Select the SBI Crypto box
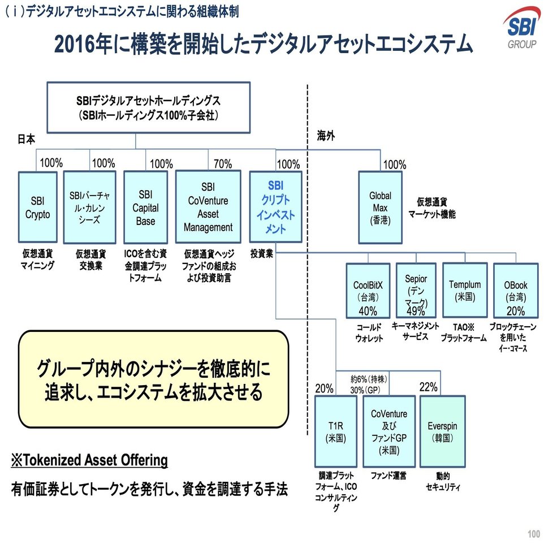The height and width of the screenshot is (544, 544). [38, 208]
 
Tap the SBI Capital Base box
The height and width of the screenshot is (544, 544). [145, 208]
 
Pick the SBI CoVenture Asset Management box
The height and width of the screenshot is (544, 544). [208, 208]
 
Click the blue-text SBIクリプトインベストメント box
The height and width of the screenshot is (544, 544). [275, 208]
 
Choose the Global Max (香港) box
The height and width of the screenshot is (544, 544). [380, 208]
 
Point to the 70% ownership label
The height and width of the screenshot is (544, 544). [222, 164]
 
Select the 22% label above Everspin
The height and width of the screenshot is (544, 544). [428, 387]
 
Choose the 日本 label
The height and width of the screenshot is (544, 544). [26, 139]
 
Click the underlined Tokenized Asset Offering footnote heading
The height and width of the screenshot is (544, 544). [89, 460]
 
